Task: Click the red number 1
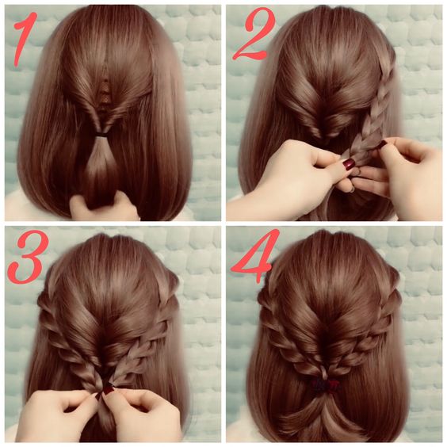25,39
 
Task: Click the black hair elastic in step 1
102,133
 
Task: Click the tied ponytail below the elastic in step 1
101,168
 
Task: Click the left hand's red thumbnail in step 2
349,164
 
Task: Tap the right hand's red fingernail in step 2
382,144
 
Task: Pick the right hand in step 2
405,177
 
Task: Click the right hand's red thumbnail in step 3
108,389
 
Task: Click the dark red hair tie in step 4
326,385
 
